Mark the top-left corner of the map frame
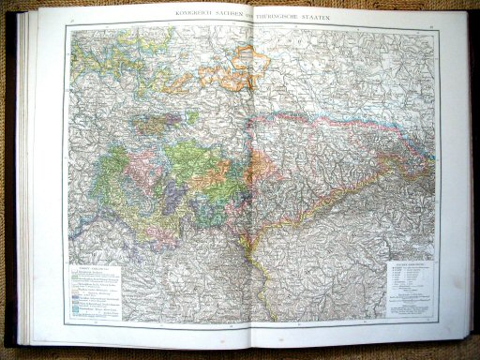click(68, 25)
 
